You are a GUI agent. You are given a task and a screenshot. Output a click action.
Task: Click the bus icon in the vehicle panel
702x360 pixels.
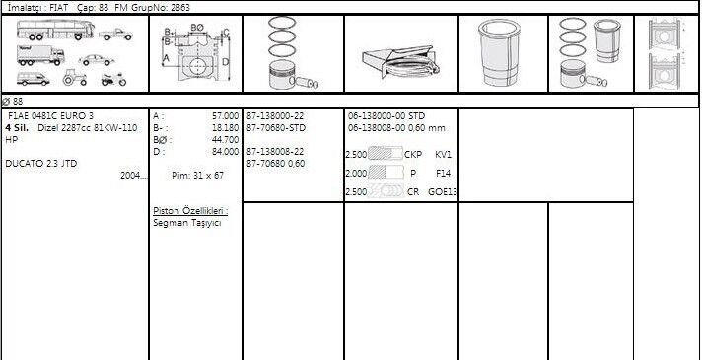point(55,30)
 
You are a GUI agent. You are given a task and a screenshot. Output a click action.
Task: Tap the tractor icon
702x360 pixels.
point(75,78)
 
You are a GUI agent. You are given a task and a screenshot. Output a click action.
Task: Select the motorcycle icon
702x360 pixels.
point(113,79)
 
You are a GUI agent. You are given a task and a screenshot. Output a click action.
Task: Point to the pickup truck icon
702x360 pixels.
point(115,35)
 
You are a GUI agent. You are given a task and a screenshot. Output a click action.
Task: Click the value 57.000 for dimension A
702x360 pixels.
point(225,116)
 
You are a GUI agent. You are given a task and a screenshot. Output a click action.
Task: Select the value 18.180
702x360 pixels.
point(225,128)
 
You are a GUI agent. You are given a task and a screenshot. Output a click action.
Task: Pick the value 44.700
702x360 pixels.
point(225,140)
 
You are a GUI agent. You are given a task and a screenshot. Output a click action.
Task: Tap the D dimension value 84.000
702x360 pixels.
point(225,152)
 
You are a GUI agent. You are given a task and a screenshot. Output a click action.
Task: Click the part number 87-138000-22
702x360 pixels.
point(275,116)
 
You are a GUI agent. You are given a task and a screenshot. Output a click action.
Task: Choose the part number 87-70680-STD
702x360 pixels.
point(276,128)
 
